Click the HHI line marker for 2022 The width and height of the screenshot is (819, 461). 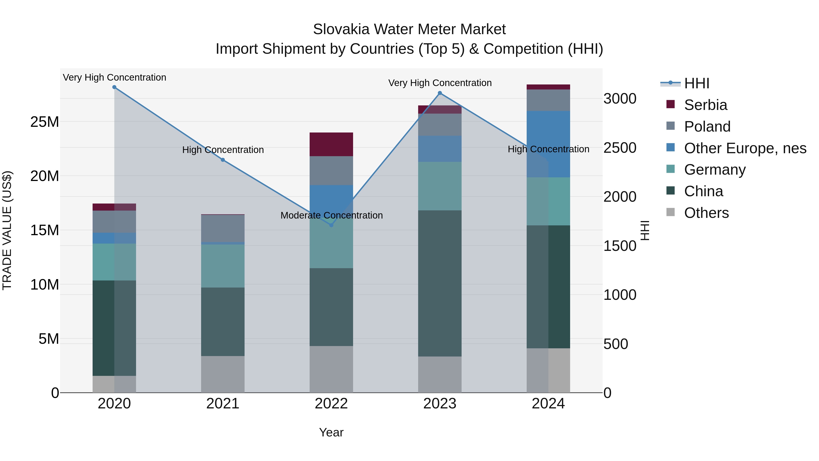click(331, 225)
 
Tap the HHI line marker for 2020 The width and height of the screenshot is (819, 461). click(114, 87)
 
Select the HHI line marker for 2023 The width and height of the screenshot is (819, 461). click(440, 93)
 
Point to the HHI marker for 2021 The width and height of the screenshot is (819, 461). click(223, 160)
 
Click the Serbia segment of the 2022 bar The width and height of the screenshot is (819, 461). click(331, 144)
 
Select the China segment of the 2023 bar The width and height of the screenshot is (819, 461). click(440, 283)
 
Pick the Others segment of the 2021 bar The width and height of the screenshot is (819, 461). click(223, 374)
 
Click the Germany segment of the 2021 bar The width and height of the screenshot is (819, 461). click(223, 266)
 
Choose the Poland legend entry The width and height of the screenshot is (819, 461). click(707, 127)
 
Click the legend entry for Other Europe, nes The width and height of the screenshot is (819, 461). click(745, 148)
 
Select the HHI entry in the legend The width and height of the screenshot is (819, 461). click(696, 83)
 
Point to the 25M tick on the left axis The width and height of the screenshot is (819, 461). click(45, 122)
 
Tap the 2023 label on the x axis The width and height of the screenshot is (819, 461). click(440, 404)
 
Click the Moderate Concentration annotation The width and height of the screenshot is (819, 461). click(331, 215)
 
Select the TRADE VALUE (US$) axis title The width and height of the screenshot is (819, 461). click(7, 230)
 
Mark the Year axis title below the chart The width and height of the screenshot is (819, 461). click(331, 432)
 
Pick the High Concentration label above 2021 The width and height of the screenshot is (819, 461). click(223, 150)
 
